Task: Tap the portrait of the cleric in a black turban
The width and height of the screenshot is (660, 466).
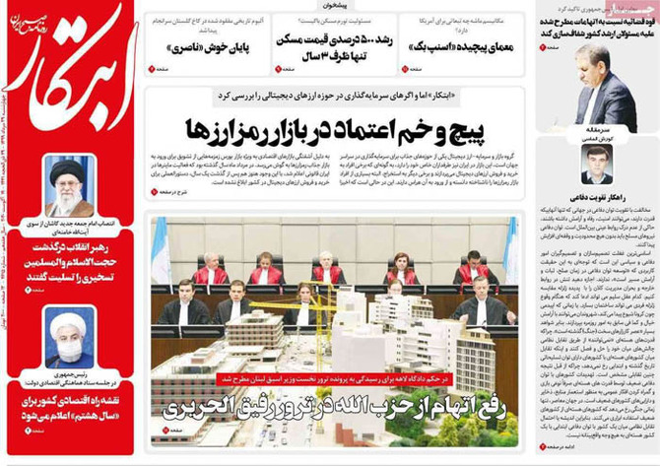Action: tap(70, 187)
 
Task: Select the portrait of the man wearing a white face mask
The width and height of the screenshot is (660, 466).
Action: tap(70, 338)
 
